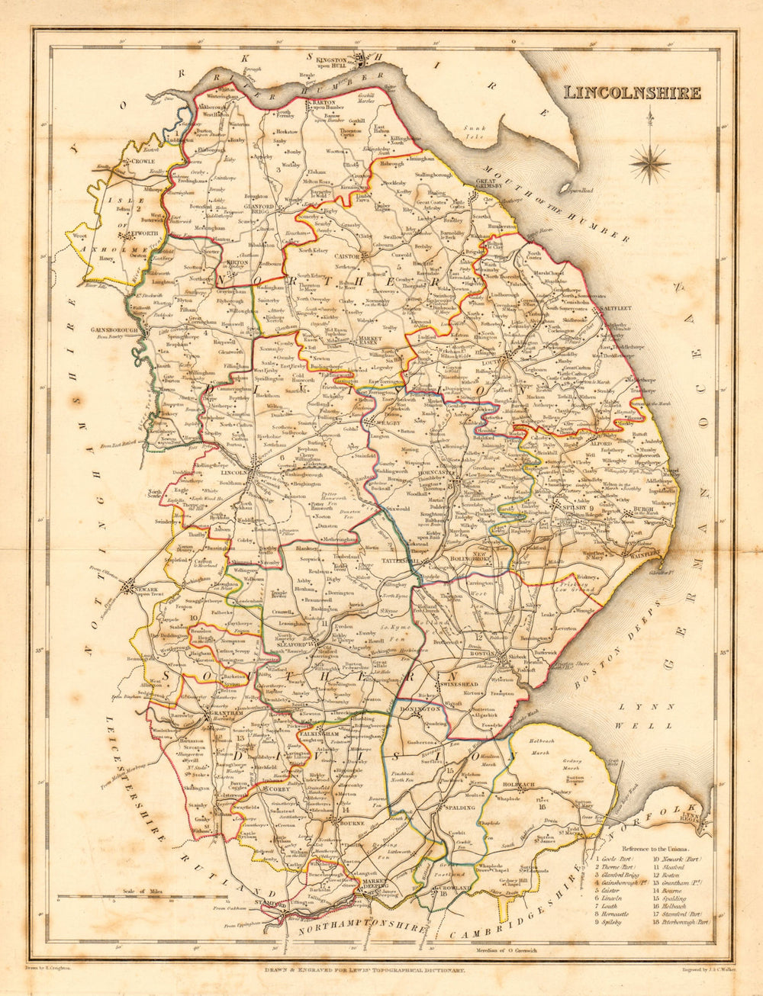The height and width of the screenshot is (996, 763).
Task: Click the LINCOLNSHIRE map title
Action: [x=632, y=93]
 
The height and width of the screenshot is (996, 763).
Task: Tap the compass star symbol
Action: [x=649, y=159]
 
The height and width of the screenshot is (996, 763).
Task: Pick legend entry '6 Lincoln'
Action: [x=613, y=898]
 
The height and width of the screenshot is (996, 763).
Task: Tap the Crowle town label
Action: [x=142, y=162]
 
